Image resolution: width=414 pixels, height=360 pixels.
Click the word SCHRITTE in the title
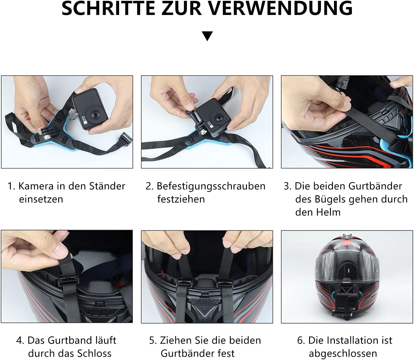[x=108, y=8]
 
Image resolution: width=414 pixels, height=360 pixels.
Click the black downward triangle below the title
[x=207, y=36]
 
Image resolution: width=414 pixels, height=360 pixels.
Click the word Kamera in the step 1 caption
[x=36, y=186]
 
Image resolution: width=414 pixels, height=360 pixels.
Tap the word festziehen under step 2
[x=181, y=199]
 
